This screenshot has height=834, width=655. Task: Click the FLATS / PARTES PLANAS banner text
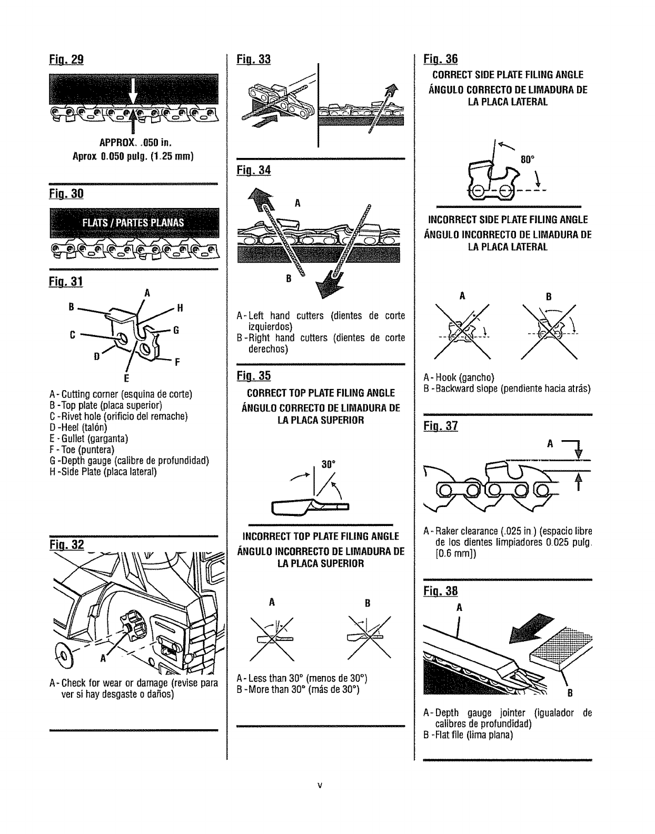click(133, 222)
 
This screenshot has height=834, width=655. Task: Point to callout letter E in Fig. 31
click(126, 378)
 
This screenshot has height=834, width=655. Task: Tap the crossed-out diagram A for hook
click(463, 332)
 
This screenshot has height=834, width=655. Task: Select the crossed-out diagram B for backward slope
click(549, 332)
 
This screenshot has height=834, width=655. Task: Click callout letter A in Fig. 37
click(550, 444)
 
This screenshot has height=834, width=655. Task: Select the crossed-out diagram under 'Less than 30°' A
click(272, 638)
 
